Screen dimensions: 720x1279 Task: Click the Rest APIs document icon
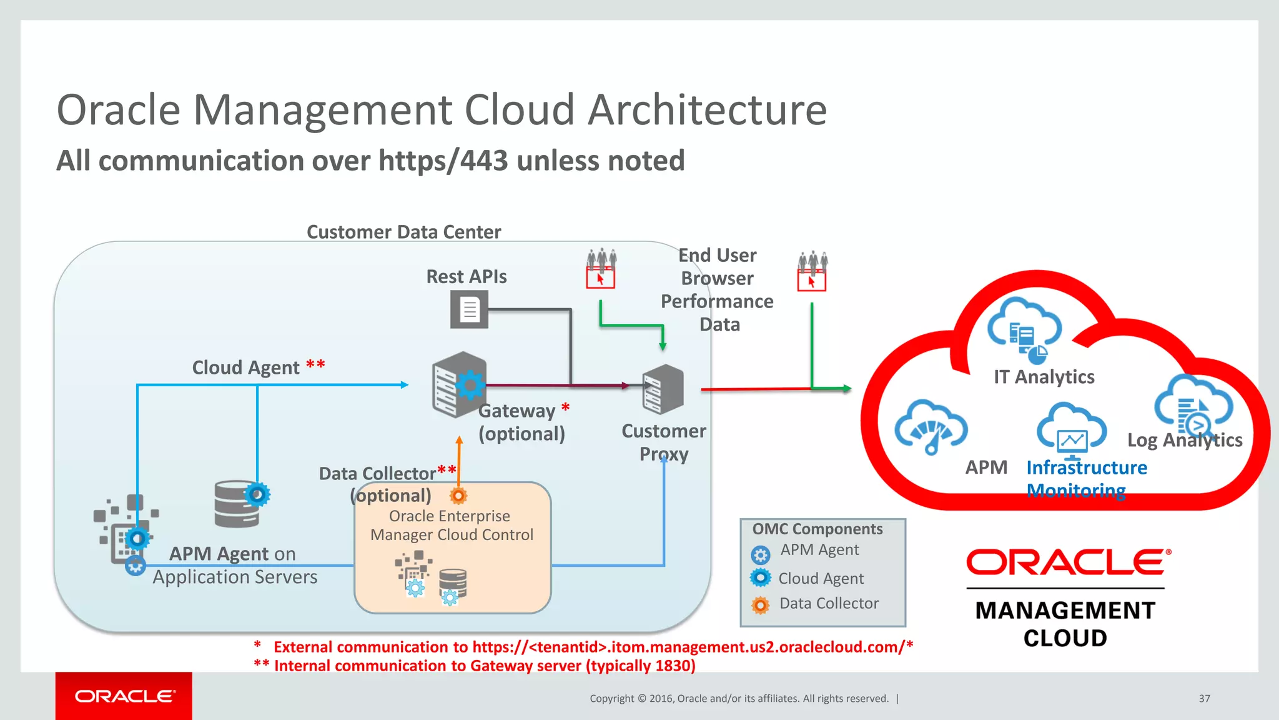[x=469, y=310]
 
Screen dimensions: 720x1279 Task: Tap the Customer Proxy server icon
[x=663, y=389]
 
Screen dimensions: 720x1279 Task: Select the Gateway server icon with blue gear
[x=459, y=384]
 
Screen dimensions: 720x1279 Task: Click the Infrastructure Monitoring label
[x=1086, y=479]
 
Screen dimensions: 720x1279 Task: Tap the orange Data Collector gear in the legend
[x=760, y=605]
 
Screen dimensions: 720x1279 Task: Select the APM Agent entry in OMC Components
[x=819, y=550]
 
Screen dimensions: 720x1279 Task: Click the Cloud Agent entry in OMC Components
[x=821, y=579]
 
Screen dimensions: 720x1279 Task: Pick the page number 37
[x=1204, y=699]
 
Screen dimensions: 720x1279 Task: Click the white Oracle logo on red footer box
[x=125, y=696]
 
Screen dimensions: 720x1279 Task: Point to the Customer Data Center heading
[x=403, y=232]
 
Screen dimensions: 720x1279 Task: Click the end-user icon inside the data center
[x=601, y=269]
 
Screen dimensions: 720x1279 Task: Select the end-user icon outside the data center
[x=812, y=271]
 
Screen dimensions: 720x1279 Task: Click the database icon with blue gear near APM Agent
[x=240, y=503]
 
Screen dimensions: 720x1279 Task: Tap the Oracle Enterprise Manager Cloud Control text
[x=451, y=525]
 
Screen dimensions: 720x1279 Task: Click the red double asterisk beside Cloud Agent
[x=315, y=364]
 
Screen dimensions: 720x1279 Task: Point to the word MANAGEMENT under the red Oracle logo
[x=1065, y=611]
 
